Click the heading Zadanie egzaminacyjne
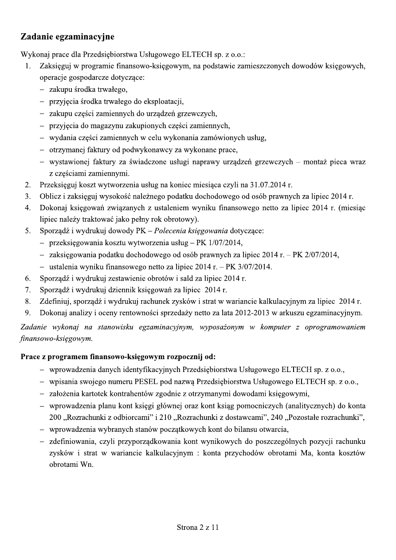(x=67, y=36)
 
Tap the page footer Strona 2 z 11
(x=198, y=527)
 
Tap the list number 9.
(x=27, y=313)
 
